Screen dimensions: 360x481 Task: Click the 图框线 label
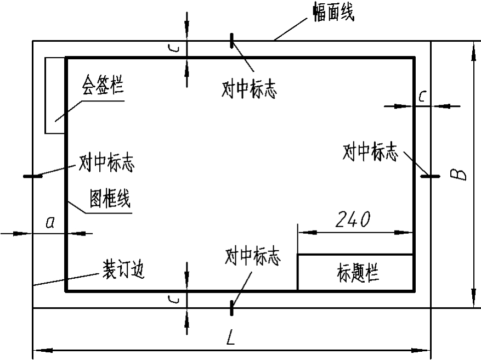[110, 199]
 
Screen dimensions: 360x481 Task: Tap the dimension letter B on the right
[460, 175]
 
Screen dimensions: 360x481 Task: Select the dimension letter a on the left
[50, 222]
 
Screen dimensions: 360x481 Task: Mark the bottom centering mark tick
[232, 308]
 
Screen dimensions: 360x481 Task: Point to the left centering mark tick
[34, 176]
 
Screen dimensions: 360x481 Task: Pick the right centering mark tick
[431, 176]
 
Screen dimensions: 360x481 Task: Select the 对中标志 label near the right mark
[370, 153]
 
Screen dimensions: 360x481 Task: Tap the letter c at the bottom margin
[173, 299]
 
